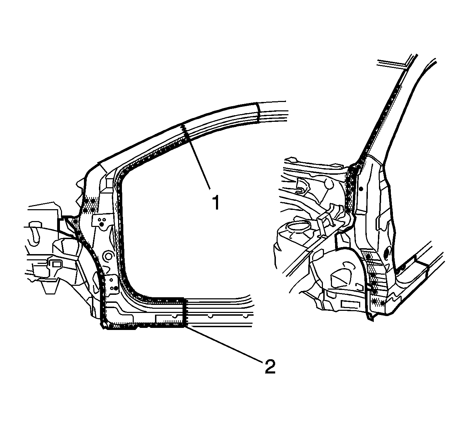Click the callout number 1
pos(216,202)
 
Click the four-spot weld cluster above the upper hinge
pos(89,205)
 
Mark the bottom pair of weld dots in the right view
pos(377,303)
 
